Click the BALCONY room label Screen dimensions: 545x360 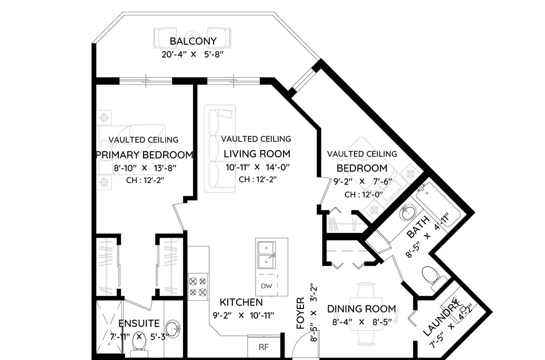[x=193, y=41]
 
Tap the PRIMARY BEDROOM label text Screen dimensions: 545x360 [x=144, y=154]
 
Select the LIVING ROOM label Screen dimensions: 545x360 [x=257, y=153]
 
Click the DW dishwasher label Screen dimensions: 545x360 [x=267, y=286]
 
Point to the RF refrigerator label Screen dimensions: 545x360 [x=264, y=347]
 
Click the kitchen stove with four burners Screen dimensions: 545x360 [x=198, y=287]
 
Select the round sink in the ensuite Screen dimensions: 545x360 [x=173, y=328]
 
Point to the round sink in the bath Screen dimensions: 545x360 [x=407, y=213]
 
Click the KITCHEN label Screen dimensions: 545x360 [x=241, y=302]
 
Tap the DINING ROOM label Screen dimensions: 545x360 [x=362, y=309]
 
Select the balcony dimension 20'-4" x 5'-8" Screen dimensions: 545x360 [x=193, y=54]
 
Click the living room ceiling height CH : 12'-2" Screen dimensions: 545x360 [x=258, y=180]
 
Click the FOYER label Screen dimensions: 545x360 [x=301, y=313]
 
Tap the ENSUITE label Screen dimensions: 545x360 [x=139, y=323]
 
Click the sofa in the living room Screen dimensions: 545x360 [x=220, y=149]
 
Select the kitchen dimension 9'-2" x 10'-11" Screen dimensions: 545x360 [x=243, y=315]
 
